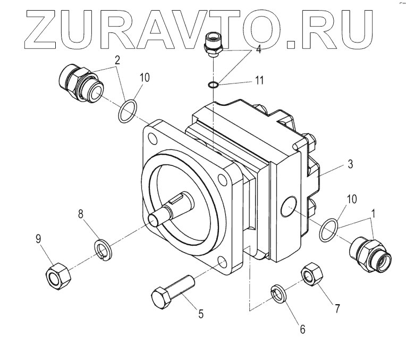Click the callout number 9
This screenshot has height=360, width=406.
38,239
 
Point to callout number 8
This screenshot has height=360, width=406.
81,214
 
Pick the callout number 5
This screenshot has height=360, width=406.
201,314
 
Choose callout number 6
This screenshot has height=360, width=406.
303,329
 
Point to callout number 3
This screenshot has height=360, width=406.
350,164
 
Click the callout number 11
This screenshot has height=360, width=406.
259,80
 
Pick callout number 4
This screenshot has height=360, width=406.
258,49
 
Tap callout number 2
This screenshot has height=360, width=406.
116,60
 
